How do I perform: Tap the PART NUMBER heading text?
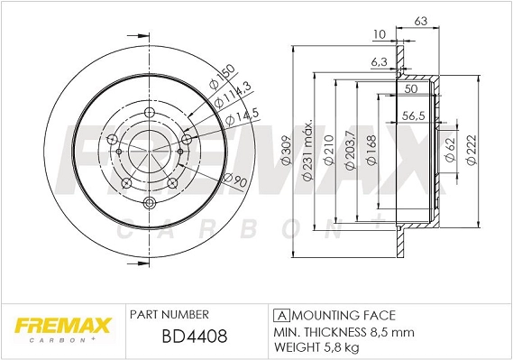[x=169, y=315]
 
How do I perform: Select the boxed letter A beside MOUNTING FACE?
[x=280, y=315]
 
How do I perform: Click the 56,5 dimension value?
[x=414, y=115]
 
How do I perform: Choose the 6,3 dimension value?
[x=379, y=63]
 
